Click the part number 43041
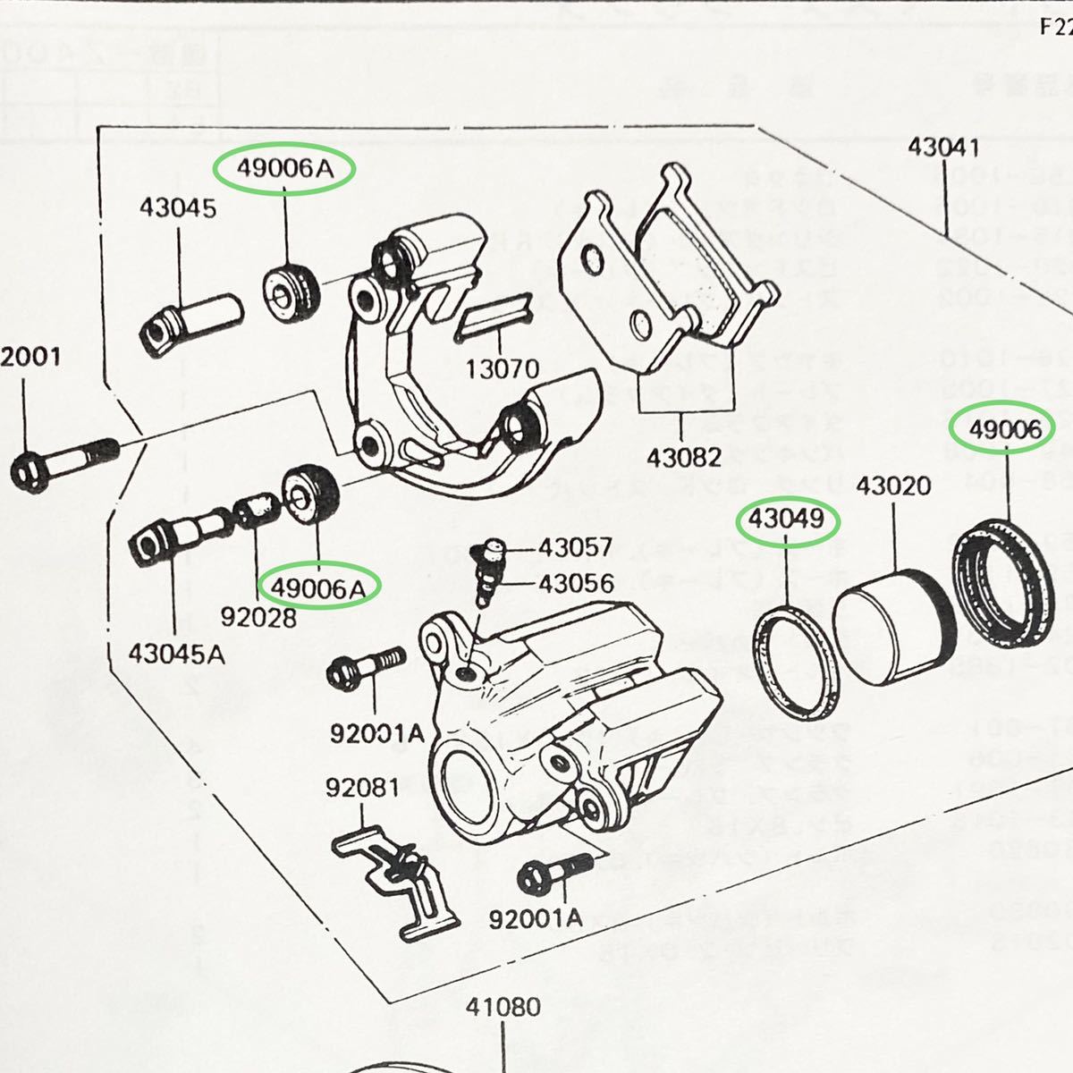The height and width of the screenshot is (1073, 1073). (944, 148)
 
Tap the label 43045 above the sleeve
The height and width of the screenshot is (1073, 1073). (178, 208)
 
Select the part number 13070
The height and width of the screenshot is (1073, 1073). (503, 368)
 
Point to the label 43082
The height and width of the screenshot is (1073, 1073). (684, 457)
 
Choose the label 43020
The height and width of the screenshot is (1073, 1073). (893, 486)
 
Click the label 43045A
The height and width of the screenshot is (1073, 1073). (176, 654)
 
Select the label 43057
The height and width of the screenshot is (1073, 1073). (575, 547)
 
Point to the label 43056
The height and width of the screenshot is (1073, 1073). (575, 584)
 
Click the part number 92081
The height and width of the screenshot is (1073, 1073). (362, 788)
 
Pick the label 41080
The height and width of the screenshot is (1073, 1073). (503, 1008)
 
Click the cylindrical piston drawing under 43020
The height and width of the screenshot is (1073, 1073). (893, 622)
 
